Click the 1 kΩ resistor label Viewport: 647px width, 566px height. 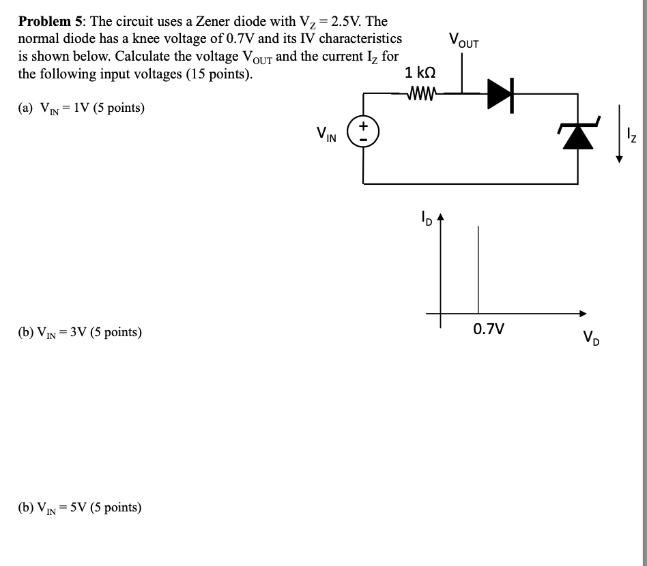coord(420,72)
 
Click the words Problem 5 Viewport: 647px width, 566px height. coord(44,23)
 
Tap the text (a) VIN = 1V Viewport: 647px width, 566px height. coord(81,108)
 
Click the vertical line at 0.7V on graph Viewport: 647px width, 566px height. coord(478,269)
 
